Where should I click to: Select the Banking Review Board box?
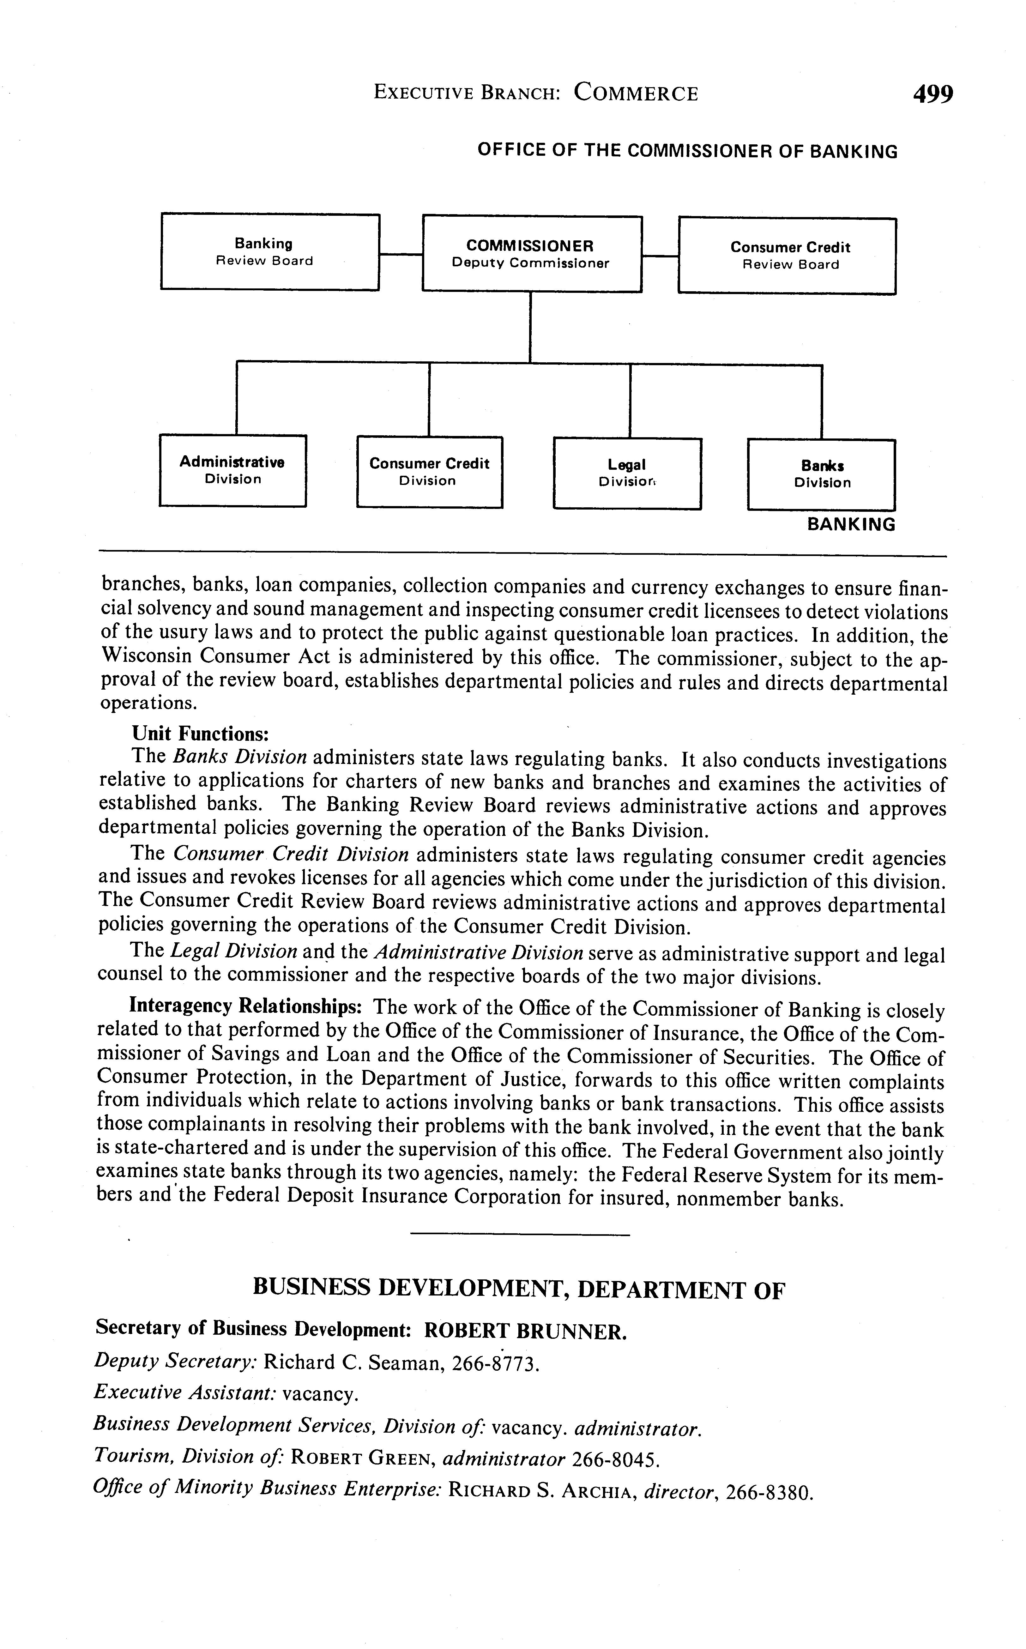coord(270,252)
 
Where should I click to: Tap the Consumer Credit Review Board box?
coord(787,256)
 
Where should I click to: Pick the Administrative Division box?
coord(233,470)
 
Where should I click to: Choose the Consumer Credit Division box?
coord(430,472)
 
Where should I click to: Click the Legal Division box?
coord(627,473)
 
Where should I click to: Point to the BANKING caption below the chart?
coord(851,525)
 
